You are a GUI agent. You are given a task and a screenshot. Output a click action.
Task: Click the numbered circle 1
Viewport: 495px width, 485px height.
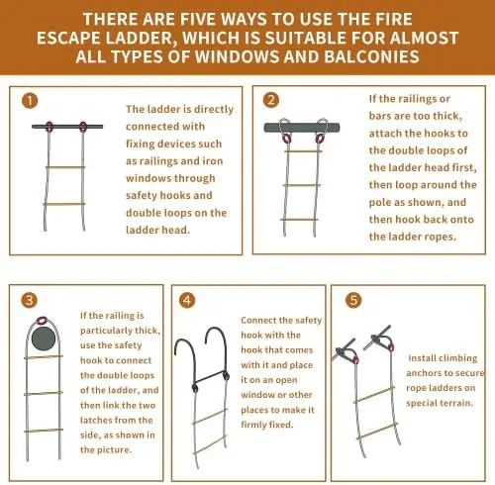click(x=30, y=101)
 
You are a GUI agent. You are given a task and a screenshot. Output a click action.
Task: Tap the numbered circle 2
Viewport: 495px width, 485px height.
click(x=271, y=100)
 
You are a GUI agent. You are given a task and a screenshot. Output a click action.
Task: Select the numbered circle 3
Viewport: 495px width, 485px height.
click(x=29, y=300)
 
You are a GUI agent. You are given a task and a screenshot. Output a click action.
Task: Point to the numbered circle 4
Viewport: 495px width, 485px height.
click(x=187, y=300)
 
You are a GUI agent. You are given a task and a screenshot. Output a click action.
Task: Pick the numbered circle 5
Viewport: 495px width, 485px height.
click(x=353, y=300)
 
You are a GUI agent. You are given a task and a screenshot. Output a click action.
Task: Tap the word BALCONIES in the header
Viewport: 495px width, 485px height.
click(x=372, y=56)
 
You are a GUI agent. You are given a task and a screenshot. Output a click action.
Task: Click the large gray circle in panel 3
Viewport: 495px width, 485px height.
click(x=44, y=339)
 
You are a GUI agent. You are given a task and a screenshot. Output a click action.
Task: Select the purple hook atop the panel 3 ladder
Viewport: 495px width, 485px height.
click(x=42, y=320)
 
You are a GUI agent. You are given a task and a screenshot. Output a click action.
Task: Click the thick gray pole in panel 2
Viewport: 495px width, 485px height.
click(x=302, y=128)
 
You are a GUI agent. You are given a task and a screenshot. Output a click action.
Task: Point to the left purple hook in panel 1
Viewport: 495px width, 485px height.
click(x=49, y=127)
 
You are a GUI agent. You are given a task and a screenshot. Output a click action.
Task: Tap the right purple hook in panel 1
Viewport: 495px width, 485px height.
click(x=83, y=127)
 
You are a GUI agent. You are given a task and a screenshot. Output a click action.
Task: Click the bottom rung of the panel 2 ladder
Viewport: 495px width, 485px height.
click(x=299, y=220)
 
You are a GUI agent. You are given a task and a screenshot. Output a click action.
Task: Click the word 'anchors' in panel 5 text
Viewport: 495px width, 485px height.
click(x=423, y=373)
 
